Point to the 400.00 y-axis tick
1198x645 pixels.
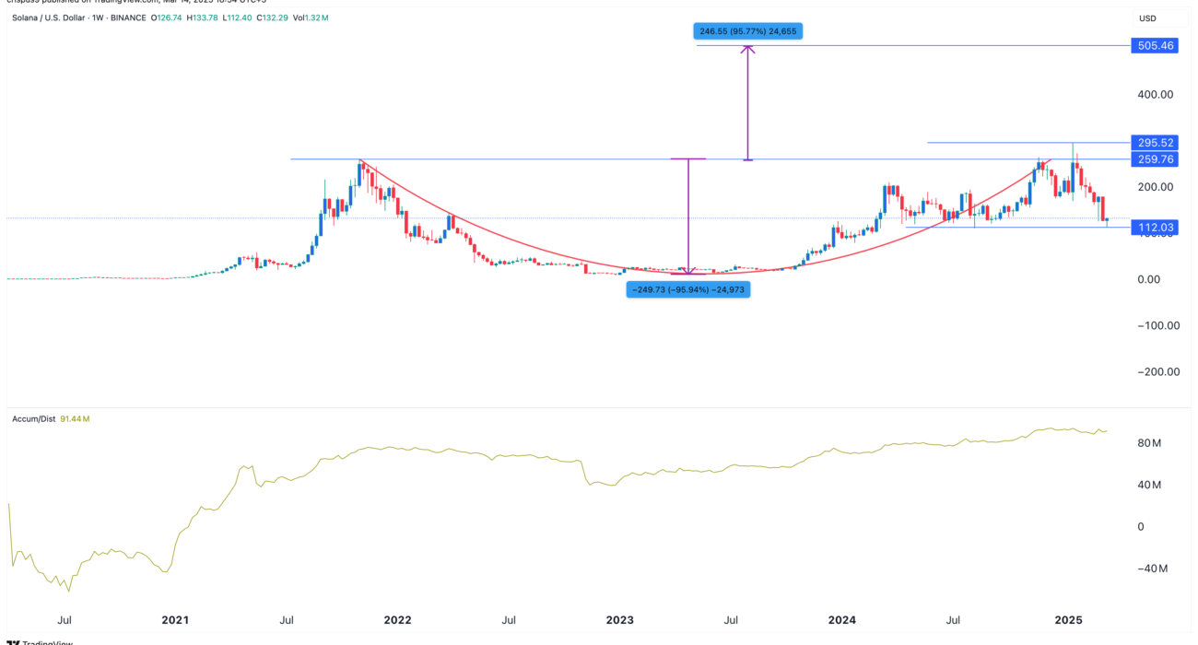click(x=1155, y=94)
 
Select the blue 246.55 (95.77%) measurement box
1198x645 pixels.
click(x=748, y=31)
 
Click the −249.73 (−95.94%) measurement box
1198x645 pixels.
click(x=687, y=289)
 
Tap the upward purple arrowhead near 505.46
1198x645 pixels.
click(x=748, y=49)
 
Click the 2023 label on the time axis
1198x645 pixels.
click(x=619, y=621)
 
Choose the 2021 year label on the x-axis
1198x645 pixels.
click(x=175, y=621)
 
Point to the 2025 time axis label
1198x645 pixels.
click(x=1067, y=621)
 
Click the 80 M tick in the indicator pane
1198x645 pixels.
click(x=1149, y=443)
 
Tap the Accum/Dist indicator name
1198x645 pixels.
click(x=32, y=419)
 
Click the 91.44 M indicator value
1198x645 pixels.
click(x=75, y=419)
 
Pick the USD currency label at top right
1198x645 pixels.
click(x=1147, y=18)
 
